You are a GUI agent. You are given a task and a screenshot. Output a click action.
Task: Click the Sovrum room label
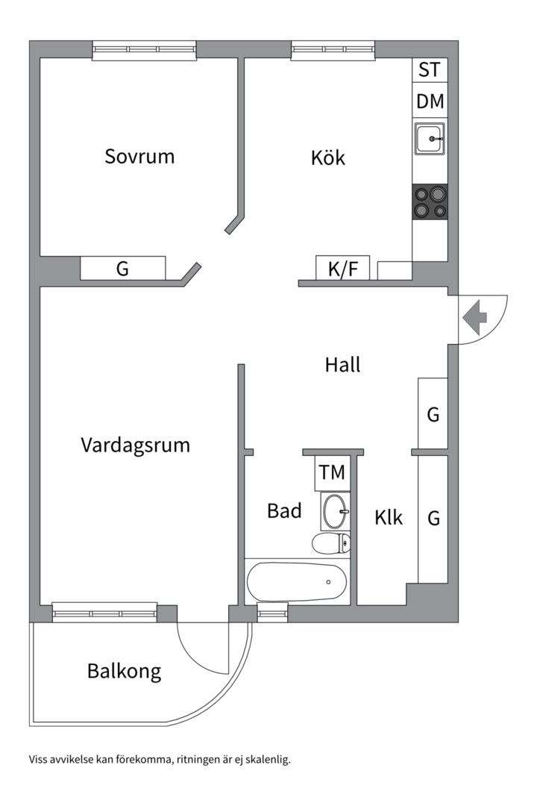click(x=139, y=157)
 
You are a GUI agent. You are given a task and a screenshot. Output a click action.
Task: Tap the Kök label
click(x=328, y=157)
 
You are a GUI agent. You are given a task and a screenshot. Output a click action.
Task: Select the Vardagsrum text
click(x=135, y=446)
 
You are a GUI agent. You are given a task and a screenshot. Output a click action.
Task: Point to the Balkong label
click(x=124, y=671)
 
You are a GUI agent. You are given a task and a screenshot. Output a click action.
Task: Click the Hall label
click(x=342, y=365)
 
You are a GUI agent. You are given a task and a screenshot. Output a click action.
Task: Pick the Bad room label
click(x=284, y=511)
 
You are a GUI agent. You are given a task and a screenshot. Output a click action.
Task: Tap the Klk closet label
click(x=389, y=517)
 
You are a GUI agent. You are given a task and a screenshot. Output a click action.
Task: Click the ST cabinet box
click(x=430, y=70)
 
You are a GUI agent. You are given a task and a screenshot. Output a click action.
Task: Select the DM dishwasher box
click(x=430, y=101)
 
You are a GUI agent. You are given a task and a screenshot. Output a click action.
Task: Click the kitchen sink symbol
click(x=430, y=138)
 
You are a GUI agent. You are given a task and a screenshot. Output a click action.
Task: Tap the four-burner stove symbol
click(x=430, y=201)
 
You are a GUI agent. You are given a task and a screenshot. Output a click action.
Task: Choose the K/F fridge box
click(x=343, y=269)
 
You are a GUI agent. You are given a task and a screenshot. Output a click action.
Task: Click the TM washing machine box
click(x=332, y=472)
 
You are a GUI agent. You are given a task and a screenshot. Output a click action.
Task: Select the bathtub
click(x=297, y=582)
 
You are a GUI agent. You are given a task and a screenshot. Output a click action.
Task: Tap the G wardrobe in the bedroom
click(x=122, y=269)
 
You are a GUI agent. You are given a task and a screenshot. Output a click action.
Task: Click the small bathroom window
click(x=272, y=614)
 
